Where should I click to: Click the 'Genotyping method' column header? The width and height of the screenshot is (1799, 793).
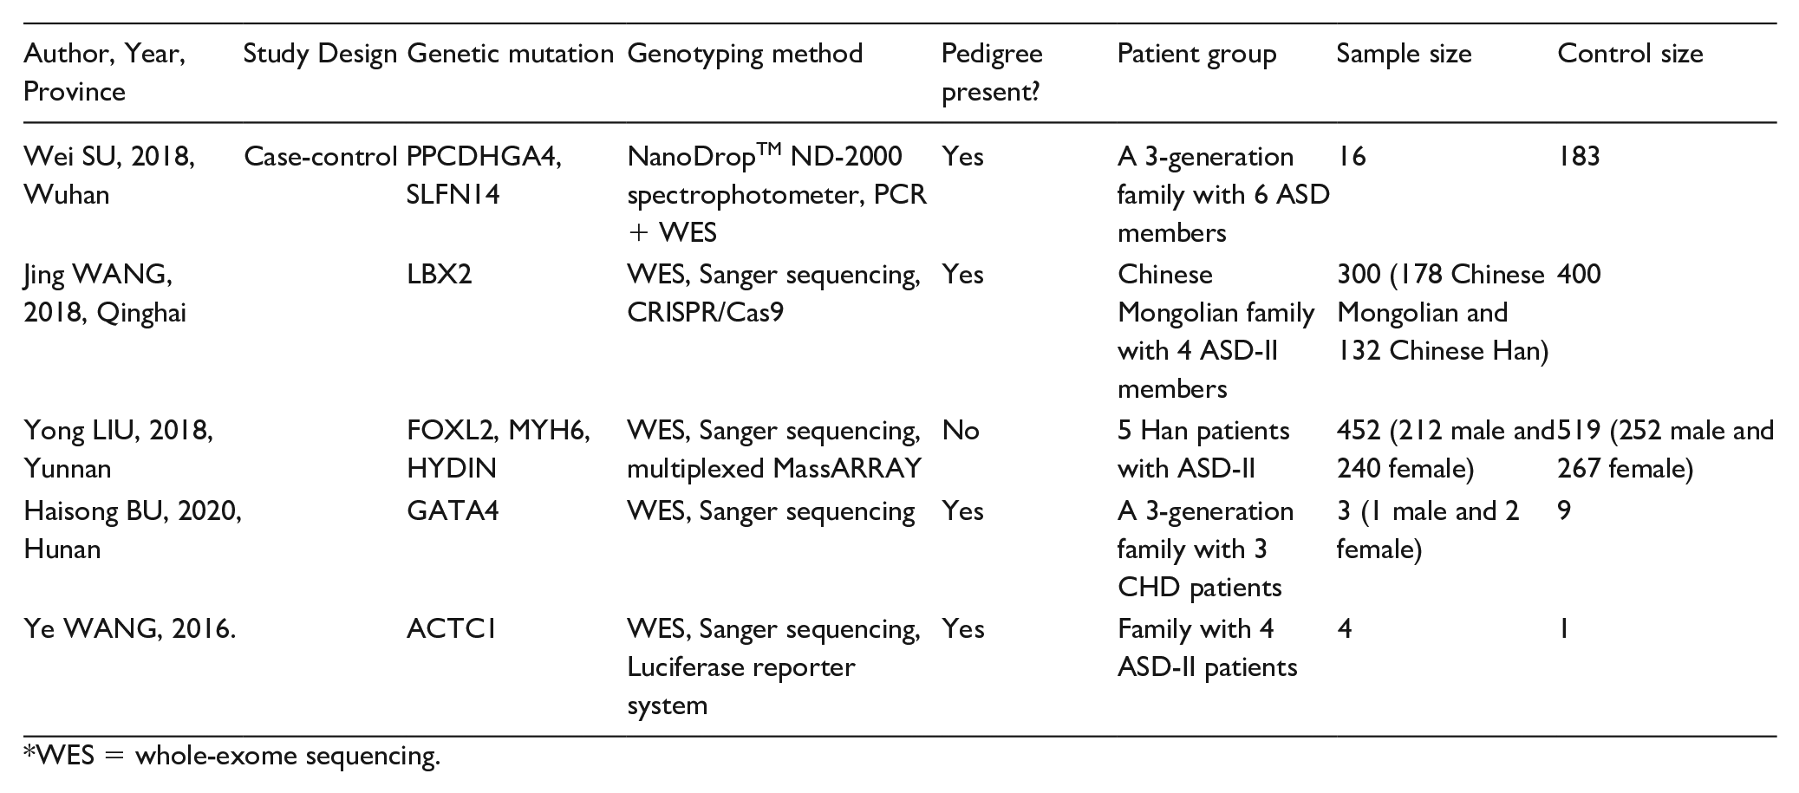click(x=745, y=55)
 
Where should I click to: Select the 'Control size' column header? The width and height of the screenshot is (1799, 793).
click(x=1630, y=54)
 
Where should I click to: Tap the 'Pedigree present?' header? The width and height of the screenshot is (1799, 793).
click(x=992, y=72)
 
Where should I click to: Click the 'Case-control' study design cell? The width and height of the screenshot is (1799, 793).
click(x=320, y=157)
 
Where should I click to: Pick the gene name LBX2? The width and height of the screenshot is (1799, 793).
click(x=440, y=275)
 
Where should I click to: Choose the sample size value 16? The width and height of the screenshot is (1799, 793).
click(x=1351, y=157)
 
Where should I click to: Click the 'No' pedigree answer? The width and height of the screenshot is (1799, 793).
click(x=961, y=431)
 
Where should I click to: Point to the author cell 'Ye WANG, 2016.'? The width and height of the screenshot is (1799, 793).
click(x=130, y=628)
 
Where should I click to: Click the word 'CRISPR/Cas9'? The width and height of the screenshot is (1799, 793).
click(x=705, y=312)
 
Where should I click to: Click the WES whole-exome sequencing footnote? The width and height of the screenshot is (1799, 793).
click(x=232, y=757)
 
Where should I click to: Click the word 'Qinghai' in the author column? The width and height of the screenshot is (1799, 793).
click(x=141, y=314)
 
